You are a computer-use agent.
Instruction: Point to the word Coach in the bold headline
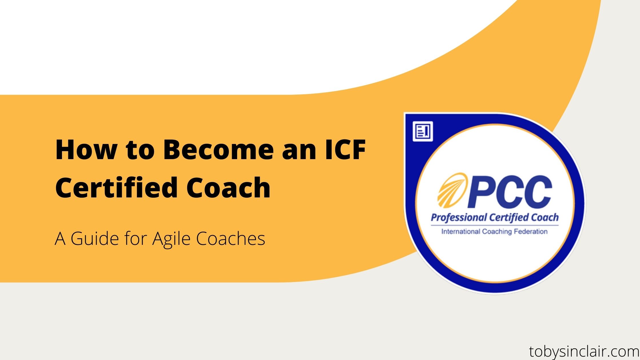(228, 187)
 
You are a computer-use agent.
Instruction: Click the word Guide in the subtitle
(95, 238)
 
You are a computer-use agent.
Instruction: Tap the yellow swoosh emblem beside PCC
(452, 190)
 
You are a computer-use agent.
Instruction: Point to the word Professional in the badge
(459, 218)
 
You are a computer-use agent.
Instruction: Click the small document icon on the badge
(423, 131)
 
